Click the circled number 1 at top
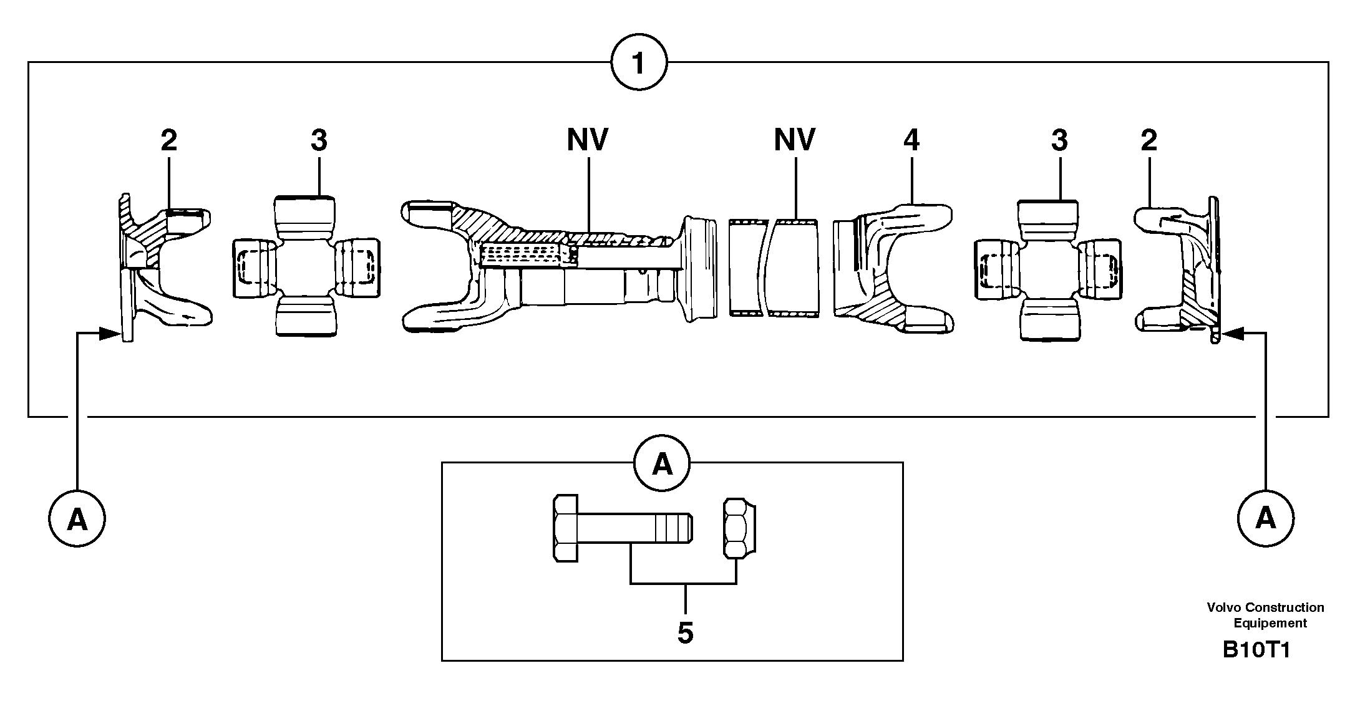point(638,63)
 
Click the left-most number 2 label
point(168,141)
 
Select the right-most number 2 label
point(1149,141)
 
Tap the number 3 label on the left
point(318,141)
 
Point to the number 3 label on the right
point(1059,141)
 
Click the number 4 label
point(911,141)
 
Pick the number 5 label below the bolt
point(685,633)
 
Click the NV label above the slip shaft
point(587,140)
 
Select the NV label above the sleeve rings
point(794,140)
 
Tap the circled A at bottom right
point(1265,518)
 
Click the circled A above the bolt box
point(662,465)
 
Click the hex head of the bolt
point(566,529)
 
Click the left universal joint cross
point(306,268)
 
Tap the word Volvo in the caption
point(1223,607)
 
